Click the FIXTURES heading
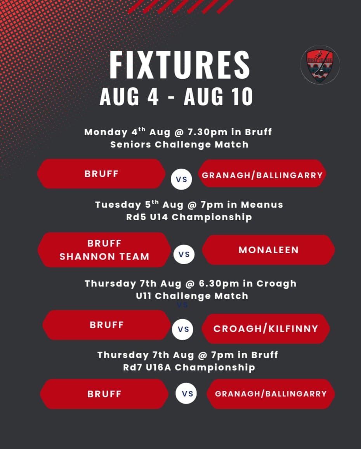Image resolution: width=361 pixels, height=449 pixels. pyautogui.click(x=180, y=65)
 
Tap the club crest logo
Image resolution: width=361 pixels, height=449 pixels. pyautogui.click(x=320, y=64)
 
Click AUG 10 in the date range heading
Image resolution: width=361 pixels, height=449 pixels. pyautogui.click(x=218, y=97)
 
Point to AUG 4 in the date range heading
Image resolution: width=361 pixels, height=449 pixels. pyautogui.click(x=129, y=97)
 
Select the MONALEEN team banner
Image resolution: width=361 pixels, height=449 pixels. pyautogui.click(x=268, y=250)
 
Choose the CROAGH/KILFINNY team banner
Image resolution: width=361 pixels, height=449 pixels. pyautogui.click(x=266, y=329)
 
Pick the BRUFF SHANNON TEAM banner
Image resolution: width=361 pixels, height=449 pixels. pyautogui.click(x=104, y=250)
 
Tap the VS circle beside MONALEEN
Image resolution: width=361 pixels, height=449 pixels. pyautogui.click(x=184, y=254)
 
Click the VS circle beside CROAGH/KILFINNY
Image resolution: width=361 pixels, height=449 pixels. pyautogui.click(x=183, y=329)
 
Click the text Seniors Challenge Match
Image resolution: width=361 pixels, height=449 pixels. pyautogui.click(x=179, y=144)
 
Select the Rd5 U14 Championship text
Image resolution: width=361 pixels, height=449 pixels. pyautogui.click(x=189, y=217)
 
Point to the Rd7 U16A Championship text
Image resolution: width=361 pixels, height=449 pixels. pyautogui.click(x=189, y=367)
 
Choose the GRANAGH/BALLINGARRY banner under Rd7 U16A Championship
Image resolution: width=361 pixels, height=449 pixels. pyautogui.click(x=271, y=394)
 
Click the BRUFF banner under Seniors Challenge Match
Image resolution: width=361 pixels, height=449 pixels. pyautogui.click(x=101, y=174)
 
